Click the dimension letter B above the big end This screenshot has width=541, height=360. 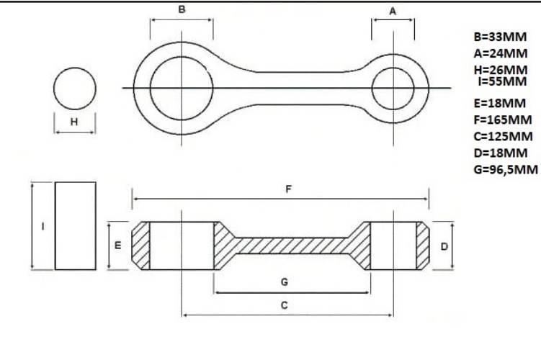[182, 9]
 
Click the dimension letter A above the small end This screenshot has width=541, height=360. [393, 12]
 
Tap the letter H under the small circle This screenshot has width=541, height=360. [74, 122]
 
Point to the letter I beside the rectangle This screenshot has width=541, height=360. [43, 226]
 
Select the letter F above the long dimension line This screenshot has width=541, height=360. [288, 189]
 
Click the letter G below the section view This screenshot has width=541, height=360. [285, 282]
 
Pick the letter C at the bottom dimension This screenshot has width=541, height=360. [285, 305]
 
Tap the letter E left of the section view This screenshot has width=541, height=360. [117, 246]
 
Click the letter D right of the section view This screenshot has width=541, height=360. [444, 246]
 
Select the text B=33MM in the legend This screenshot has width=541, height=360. [500, 37]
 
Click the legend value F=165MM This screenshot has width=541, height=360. [503, 120]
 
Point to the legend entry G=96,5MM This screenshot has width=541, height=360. [506, 170]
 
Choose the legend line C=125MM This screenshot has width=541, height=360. [503, 136]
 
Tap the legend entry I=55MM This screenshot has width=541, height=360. [502, 82]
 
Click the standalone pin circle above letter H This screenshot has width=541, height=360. [75, 68]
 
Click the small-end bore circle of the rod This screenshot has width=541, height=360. [393, 68]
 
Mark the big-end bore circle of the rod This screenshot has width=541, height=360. [182, 57]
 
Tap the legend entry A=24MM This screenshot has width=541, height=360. [501, 53]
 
